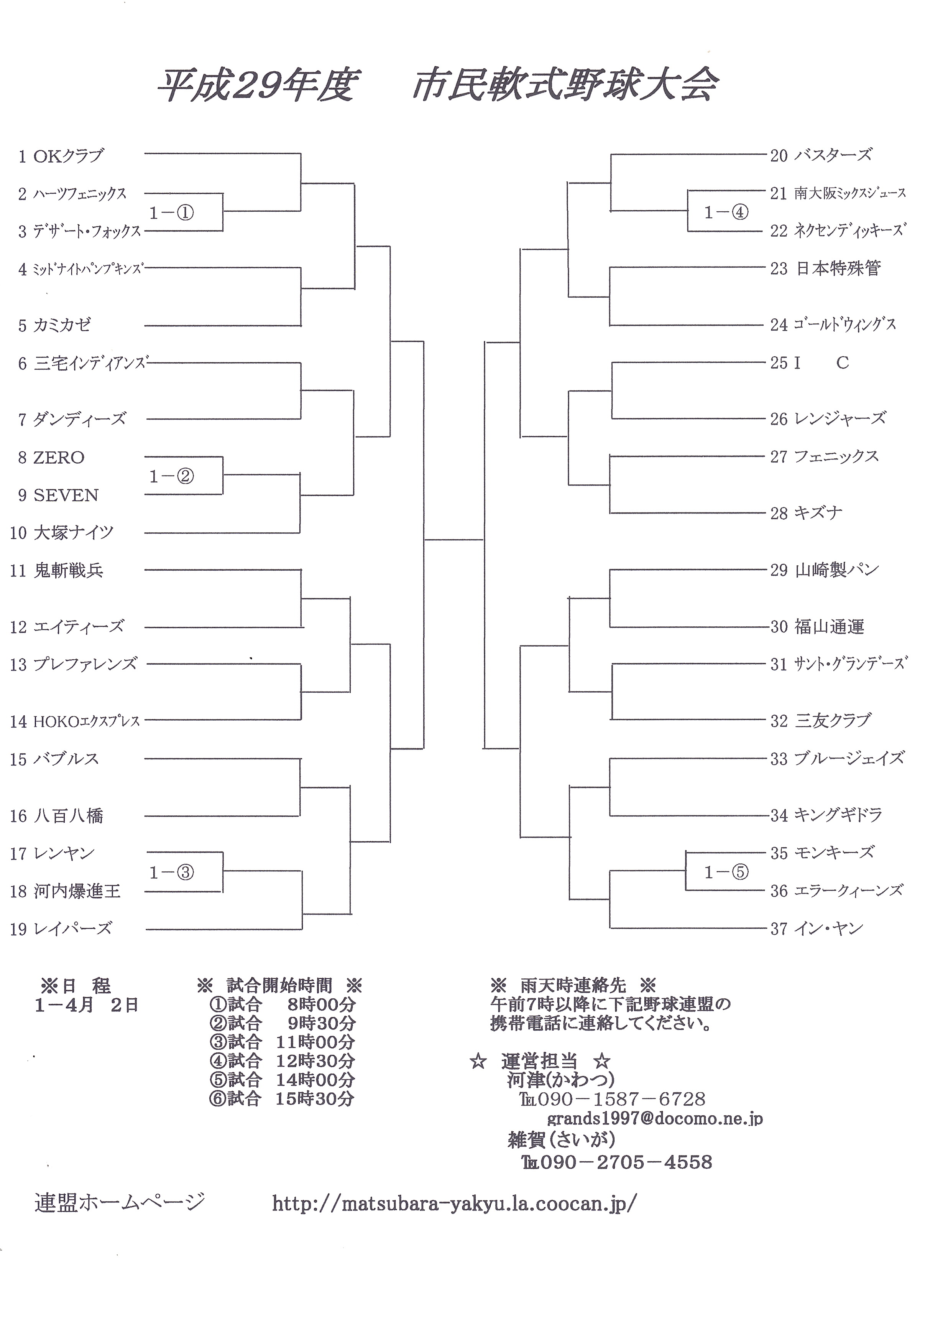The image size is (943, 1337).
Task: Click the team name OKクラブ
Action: point(68,156)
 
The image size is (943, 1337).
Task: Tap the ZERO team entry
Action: point(59,458)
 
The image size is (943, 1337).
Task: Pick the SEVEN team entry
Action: point(66,496)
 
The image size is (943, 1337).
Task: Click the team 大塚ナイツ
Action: point(73,532)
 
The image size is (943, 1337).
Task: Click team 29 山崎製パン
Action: point(836,570)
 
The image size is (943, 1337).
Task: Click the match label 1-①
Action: point(171,213)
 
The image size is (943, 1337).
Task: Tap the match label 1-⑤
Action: point(726,872)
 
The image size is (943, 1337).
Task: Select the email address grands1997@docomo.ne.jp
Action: point(655,1119)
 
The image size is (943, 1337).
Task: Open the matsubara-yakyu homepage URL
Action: point(455,1204)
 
